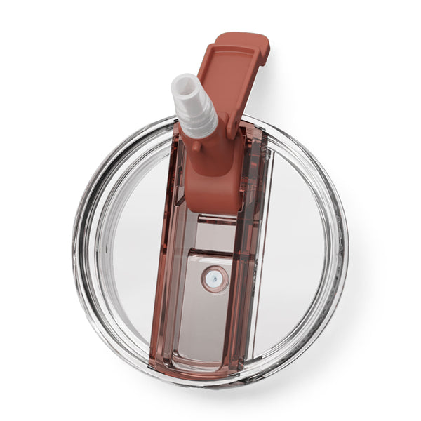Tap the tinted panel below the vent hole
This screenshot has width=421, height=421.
pos(210,323)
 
